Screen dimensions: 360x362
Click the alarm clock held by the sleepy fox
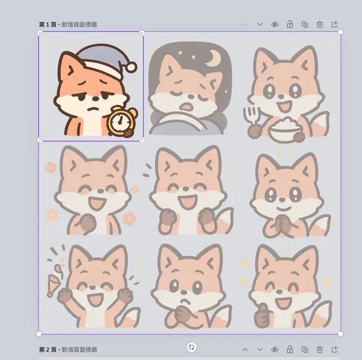[121, 122]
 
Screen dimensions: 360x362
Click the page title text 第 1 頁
[47, 24]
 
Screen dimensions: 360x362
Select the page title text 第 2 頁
[47, 350]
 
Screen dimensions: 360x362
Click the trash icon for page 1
[319, 24]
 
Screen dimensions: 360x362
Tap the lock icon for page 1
[290, 24]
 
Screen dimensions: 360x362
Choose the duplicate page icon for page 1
[305, 24]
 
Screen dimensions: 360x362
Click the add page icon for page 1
[335, 24]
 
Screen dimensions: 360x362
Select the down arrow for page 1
[260, 24]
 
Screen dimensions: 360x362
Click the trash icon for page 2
[319, 350]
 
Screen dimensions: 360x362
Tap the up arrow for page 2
[245, 350]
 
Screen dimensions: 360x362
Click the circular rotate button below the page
[191, 347]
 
